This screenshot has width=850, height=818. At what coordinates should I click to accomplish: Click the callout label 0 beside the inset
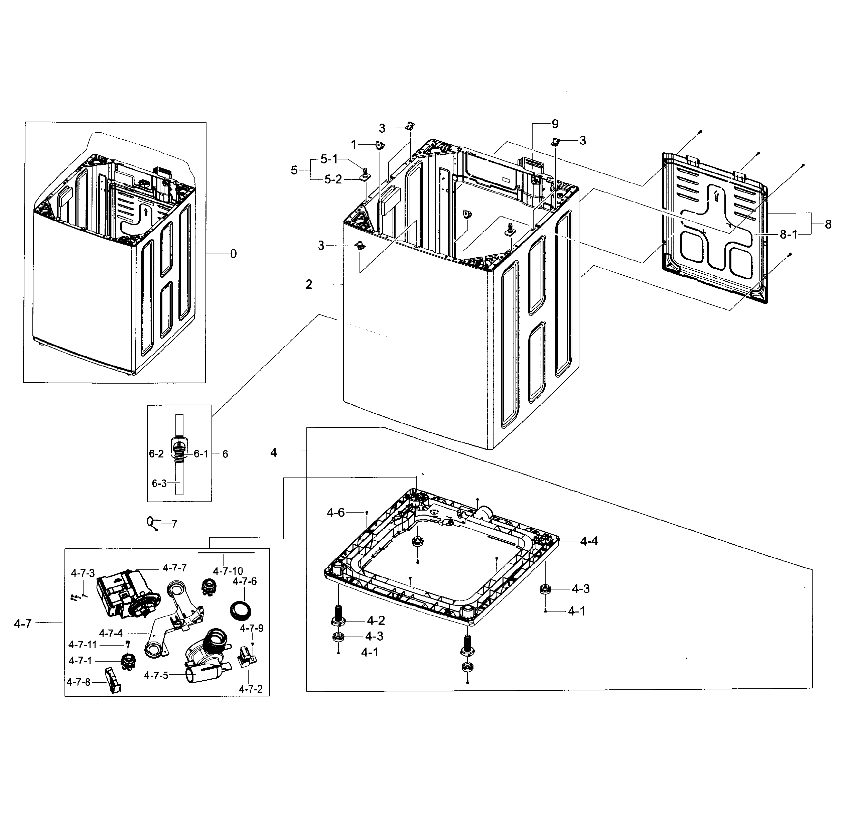[x=233, y=254]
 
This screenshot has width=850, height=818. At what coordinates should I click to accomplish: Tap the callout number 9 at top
[x=555, y=124]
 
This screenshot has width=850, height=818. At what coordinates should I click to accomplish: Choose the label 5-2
[x=333, y=179]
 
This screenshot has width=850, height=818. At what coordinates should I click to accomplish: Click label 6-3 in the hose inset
[x=159, y=483]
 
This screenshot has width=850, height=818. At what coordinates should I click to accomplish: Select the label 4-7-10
[x=228, y=571]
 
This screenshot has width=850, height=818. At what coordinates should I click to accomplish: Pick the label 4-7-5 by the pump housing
[x=156, y=675]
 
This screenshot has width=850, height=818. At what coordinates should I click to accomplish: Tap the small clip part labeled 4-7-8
[x=112, y=681]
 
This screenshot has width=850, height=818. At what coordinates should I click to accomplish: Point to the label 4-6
[x=336, y=513]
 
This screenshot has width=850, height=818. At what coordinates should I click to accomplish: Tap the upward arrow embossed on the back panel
[x=716, y=196]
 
